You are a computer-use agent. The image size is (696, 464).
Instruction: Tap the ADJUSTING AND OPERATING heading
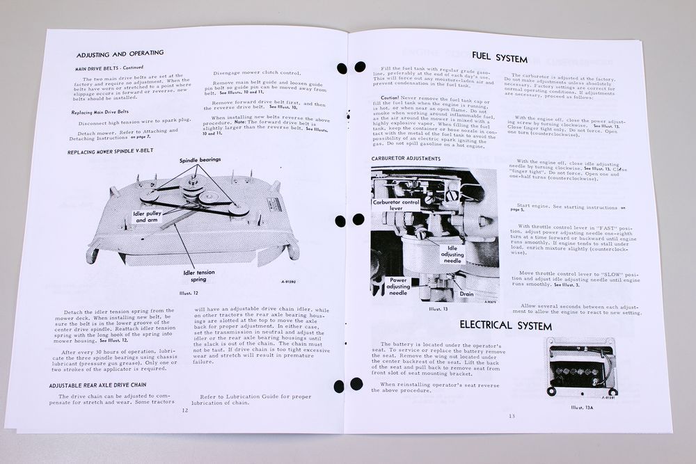click(120, 53)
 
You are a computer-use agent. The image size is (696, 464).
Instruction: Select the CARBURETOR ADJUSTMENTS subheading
click(406, 159)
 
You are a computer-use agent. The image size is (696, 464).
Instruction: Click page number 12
click(185, 410)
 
